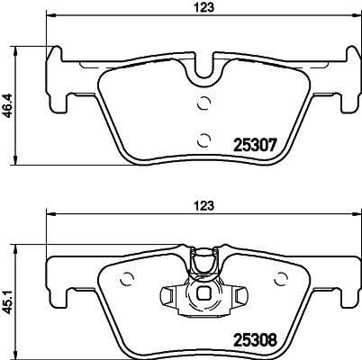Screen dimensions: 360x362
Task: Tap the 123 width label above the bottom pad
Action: tap(207, 204)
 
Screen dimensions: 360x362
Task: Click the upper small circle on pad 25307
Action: tap(204, 101)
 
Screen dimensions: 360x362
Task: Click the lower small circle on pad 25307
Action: tap(204, 138)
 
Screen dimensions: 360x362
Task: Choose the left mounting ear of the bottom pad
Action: tap(58, 274)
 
